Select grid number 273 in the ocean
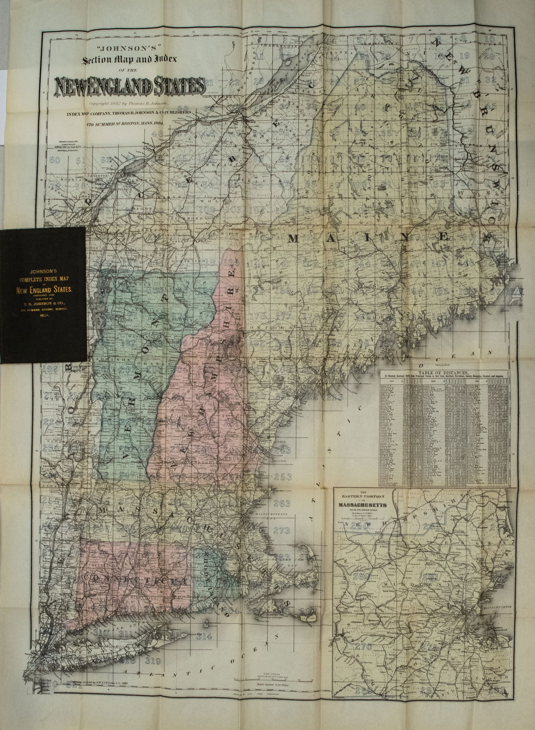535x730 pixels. click(x=283, y=530)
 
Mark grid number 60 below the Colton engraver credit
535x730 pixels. click(x=54, y=160)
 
